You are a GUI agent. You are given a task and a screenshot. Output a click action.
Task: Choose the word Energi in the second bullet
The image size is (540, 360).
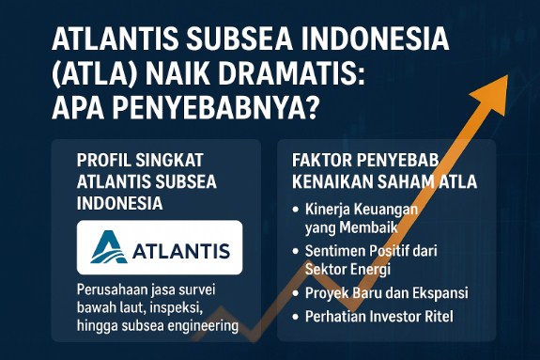(x=370, y=270)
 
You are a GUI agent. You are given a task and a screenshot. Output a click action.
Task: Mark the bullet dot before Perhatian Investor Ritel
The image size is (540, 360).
(x=297, y=318)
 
